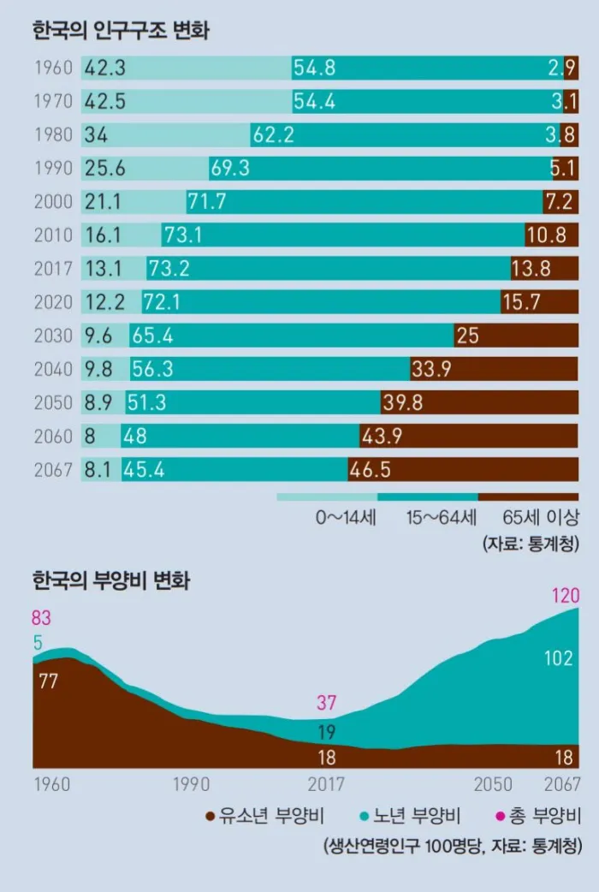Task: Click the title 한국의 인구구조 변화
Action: pos(121,32)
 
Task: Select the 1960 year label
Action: pos(53,68)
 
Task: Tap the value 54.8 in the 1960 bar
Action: pos(314,68)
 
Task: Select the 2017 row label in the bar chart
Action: pos(53,269)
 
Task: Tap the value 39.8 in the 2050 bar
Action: pos(404,402)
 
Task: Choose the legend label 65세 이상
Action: pos(541,517)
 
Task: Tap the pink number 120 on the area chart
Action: pos(566,595)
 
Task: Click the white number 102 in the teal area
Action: pos(560,657)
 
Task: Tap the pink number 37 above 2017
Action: pos(327,703)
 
